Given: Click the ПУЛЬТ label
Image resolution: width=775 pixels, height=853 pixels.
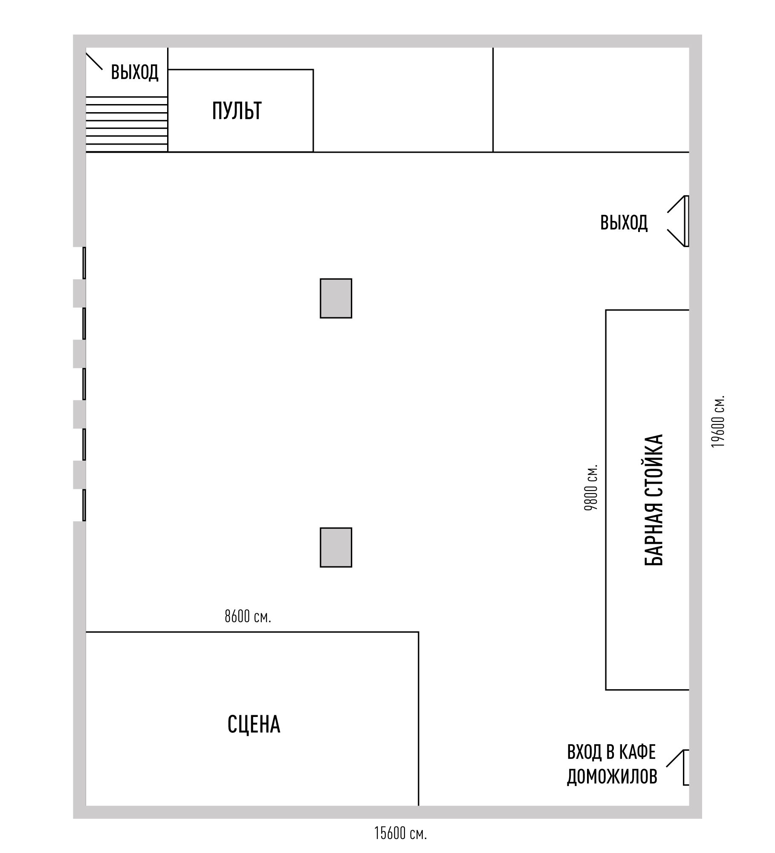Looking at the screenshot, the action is coord(237,111).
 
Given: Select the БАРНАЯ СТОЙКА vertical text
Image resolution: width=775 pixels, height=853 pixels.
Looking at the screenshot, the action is coord(654,500).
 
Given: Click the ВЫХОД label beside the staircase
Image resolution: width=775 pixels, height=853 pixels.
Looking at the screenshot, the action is coord(135,72).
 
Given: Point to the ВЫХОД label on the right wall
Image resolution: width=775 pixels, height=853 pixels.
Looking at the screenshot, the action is coord(624,223).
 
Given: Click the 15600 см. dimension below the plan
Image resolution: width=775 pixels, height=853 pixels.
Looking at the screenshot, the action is coord(400,833).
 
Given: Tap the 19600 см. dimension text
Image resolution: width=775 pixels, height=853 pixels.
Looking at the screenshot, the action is coord(718,422).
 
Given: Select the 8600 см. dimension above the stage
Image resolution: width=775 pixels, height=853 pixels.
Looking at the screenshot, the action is coord(248,617).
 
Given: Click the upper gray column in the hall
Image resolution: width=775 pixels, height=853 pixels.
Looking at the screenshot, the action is coord(336,299).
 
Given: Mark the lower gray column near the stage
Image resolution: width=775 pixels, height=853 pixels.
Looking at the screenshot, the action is coord(336,548).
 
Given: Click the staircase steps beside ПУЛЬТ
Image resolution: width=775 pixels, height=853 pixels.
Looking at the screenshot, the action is coord(127,124).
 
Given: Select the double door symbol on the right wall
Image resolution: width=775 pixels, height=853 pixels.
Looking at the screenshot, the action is coord(678,221).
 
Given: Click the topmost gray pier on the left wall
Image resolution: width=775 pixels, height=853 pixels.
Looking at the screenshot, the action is coord(79,293).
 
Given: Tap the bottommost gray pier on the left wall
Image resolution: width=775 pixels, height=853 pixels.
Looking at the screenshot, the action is coord(79,475).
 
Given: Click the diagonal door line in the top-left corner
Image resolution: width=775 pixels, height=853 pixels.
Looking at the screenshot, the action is coord(94,61).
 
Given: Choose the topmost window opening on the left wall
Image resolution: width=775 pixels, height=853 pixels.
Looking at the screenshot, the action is coord(84,263).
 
